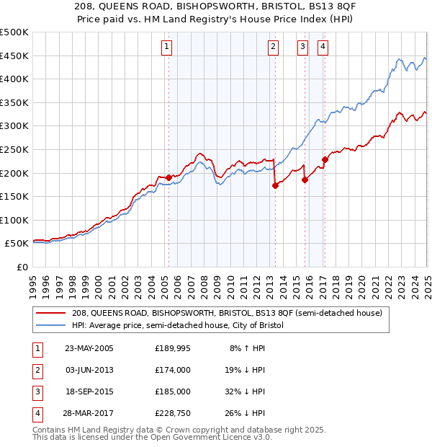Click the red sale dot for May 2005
click(169, 177)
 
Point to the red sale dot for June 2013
click(275, 185)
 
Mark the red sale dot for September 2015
click(305, 180)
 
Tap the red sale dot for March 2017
click(325, 159)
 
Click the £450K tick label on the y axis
click(14, 56)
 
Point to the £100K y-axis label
click(14, 220)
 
